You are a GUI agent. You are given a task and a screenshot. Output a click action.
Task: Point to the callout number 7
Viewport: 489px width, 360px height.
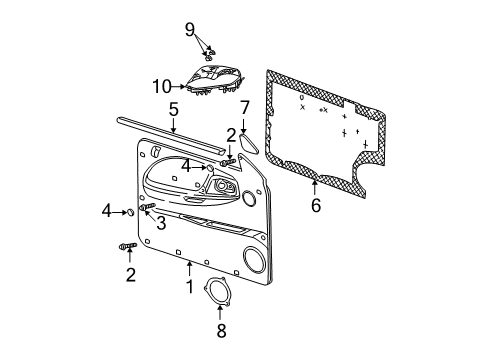(245, 107)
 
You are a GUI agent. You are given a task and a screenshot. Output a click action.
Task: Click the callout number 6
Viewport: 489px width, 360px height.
(316, 206)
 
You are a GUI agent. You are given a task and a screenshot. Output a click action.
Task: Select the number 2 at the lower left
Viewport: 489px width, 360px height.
(129, 275)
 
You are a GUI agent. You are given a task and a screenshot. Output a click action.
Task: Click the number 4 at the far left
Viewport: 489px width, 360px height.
(105, 211)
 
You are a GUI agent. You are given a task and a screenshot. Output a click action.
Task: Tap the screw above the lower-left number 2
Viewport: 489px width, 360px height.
(128, 246)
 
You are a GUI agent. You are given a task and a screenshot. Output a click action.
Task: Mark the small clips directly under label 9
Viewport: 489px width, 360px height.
(205, 49)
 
